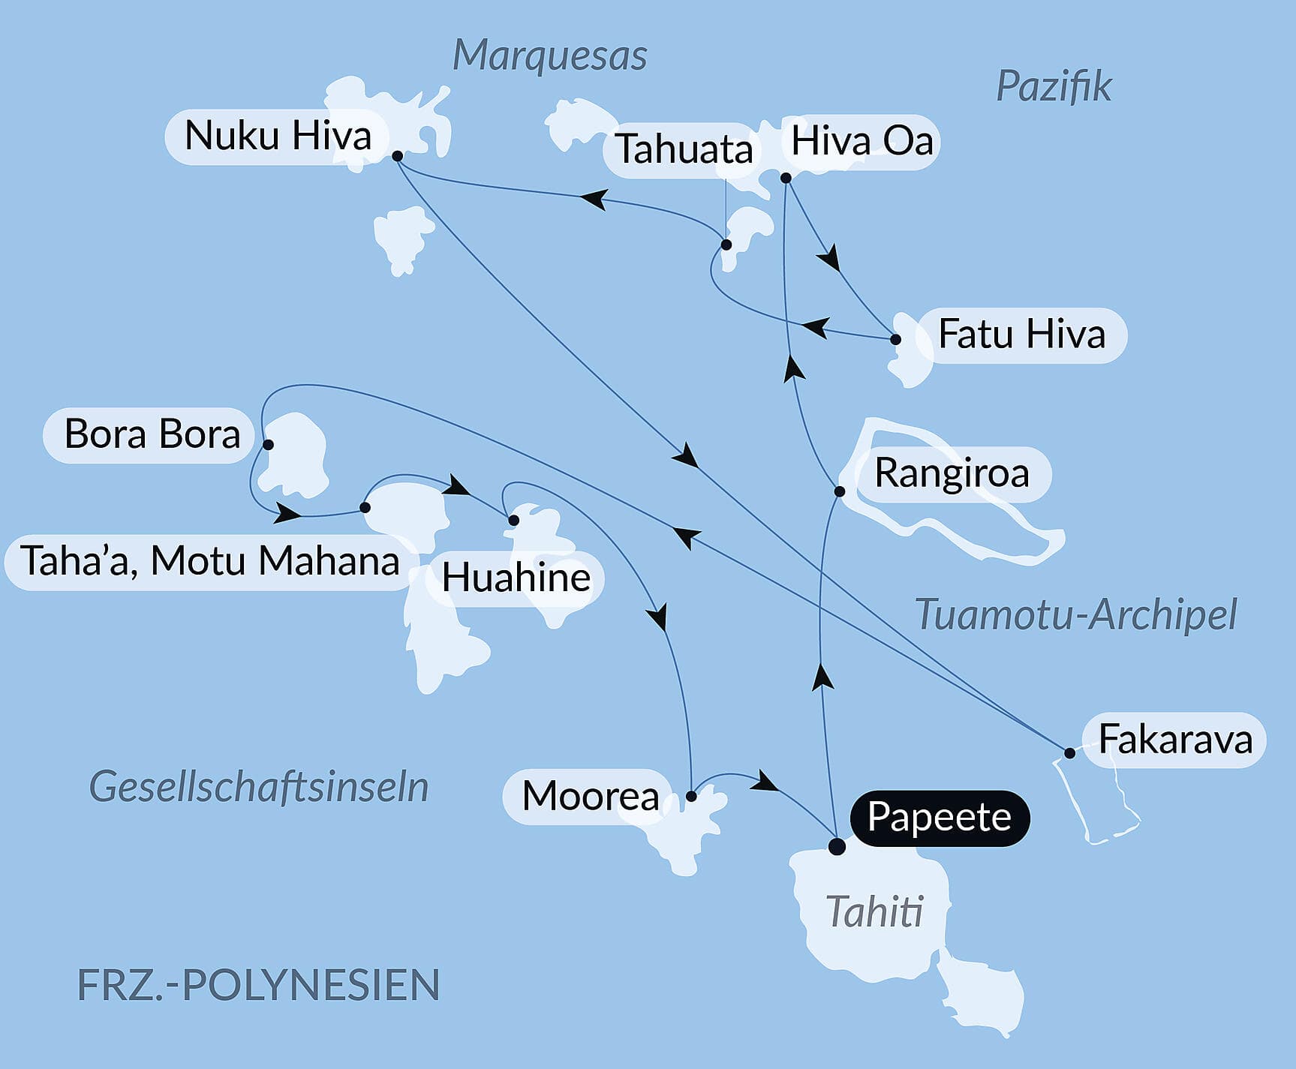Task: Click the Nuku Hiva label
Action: pyautogui.click(x=278, y=137)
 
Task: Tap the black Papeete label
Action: pyautogui.click(x=939, y=818)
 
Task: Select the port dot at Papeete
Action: pyautogui.click(x=837, y=847)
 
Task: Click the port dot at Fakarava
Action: pyautogui.click(x=1069, y=752)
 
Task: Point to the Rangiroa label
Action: pyautogui.click(x=952, y=474)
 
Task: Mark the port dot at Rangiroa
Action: pyautogui.click(x=840, y=491)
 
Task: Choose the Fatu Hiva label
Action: pyautogui.click(x=1021, y=335)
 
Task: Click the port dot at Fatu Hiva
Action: pyautogui.click(x=895, y=339)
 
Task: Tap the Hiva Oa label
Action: pyautogui.click(x=861, y=142)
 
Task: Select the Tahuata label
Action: pyautogui.click(x=684, y=149)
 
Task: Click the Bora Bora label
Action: pyautogui.click(x=152, y=434)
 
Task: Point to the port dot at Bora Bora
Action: pyautogui.click(x=268, y=444)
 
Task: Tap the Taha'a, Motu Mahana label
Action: pyautogui.click(x=209, y=561)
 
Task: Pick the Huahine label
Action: pyautogui.click(x=516, y=578)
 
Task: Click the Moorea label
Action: pyautogui.click(x=590, y=796)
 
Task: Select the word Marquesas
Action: pyautogui.click(x=549, y=56)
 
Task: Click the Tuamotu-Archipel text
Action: pyautogui.click(x=1075, y=615)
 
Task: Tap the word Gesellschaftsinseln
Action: pyautogui.click(x=258, y=787)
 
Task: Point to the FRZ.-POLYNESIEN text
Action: pyautogui.click(x=258, y=985)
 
